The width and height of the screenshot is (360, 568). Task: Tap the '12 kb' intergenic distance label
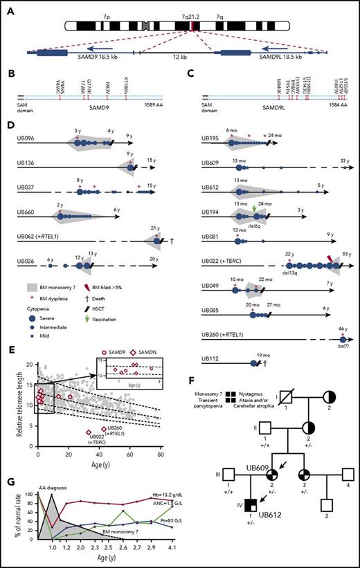(179, 59)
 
